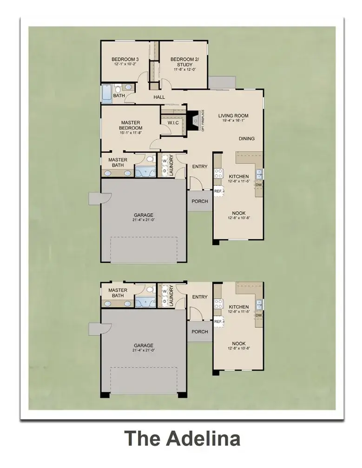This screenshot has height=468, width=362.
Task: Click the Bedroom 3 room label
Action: pyautogui.click(x=125, y=59)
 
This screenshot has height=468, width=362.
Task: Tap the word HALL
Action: pyautogui.click(x=159, y=97)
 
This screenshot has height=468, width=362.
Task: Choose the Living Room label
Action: pyautogui.click(x=233, y=116)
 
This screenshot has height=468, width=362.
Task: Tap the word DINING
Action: pyautogui.click(x=247, y=138)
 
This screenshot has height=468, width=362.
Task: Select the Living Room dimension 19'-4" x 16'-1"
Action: pyautogui.click(x=233, y=121)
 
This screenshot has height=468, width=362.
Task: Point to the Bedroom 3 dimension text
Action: pyautogui.click(x=125, y=65)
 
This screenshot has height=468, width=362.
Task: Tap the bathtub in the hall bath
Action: pyautogui.click(x=106, y=92)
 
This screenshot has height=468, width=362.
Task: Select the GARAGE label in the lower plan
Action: pyautogui.click(x=144, y=345)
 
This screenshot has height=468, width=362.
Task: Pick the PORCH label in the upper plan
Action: pyautogui.click(x=200, y=201)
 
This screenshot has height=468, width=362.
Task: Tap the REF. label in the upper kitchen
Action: pyautogui.click(x=218, y=191)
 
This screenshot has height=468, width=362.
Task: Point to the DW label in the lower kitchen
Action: pyautogui.click(x=259, y=315)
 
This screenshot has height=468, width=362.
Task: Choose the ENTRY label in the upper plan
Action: pyautogui.click(x=200, y=167)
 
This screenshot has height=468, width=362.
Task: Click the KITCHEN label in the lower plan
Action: pyautogui.click(x=238, y=307)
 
